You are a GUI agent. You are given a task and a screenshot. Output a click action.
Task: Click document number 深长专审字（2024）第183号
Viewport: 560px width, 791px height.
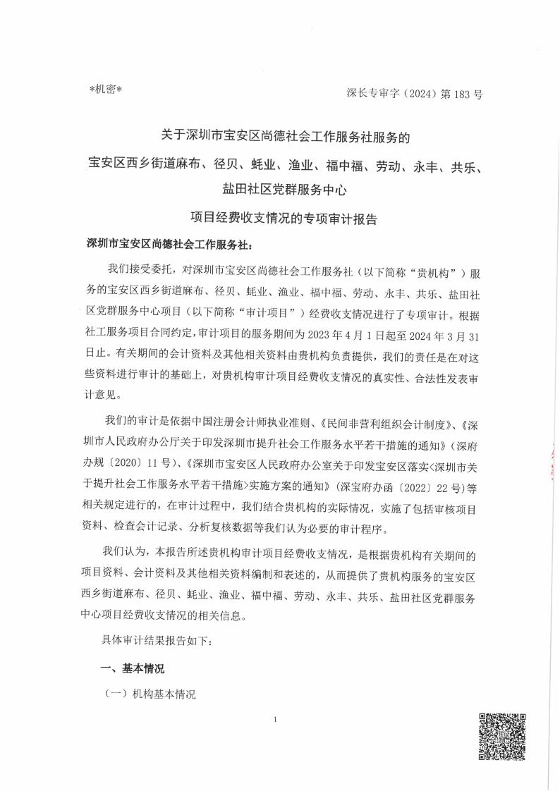pyautogui.click(x=415, y=93)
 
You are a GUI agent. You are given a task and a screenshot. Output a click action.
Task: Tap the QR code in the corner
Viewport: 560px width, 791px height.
pyautogui.click(x=503, y=737)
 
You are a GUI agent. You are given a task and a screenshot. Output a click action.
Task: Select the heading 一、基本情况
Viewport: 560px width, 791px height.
pyautogui.click(x=133, y=668)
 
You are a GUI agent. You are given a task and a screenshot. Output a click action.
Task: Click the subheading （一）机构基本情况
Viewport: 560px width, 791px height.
pyautogui.click(x=150, y=694)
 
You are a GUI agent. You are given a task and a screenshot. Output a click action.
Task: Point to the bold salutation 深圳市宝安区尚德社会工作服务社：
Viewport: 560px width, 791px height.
pyautogui.click(x=168, y=244)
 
